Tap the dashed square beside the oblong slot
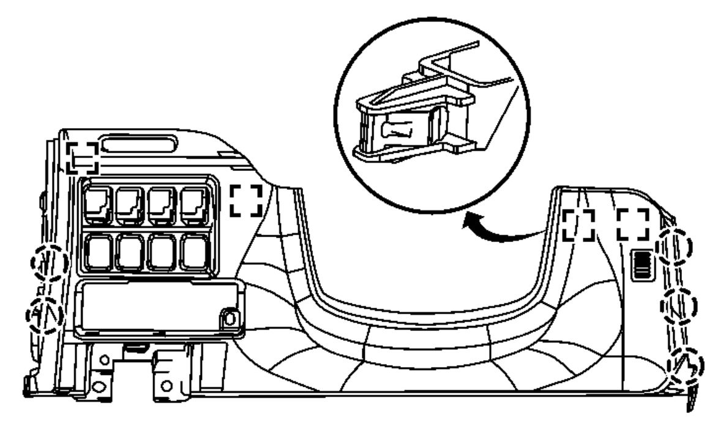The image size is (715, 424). coord(82,157)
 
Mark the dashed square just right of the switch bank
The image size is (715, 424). coord(247,200)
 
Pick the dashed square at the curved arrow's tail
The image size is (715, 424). coord(579,224)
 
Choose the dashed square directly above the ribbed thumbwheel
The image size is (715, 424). coord(633,224)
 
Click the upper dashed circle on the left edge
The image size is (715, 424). coord(49,264)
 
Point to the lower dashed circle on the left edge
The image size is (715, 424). coord(45,315)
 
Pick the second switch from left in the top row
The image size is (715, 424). coord(129,205)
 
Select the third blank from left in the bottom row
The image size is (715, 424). coord(162,252)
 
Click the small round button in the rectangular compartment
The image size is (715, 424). coord(229,318)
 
